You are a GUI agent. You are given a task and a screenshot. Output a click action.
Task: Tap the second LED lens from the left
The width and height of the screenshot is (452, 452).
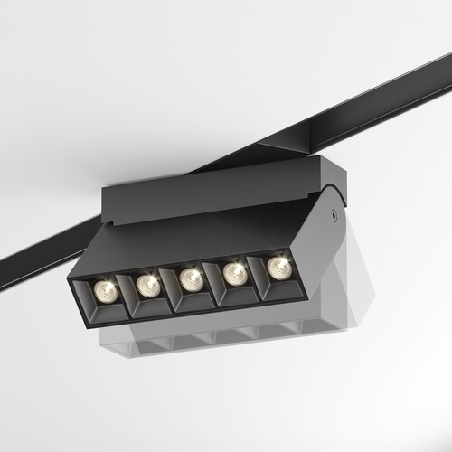click(x=146, y=285)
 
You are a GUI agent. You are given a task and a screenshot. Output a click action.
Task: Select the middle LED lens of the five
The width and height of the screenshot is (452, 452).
click(x=189, y=278)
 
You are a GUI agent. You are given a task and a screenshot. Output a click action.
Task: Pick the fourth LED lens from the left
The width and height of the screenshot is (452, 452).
click(x=234, y=272)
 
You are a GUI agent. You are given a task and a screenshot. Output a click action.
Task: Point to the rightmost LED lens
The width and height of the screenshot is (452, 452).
click(x=277, y=266)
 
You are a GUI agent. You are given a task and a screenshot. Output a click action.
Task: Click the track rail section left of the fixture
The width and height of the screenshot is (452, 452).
click(x=45, y=248)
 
